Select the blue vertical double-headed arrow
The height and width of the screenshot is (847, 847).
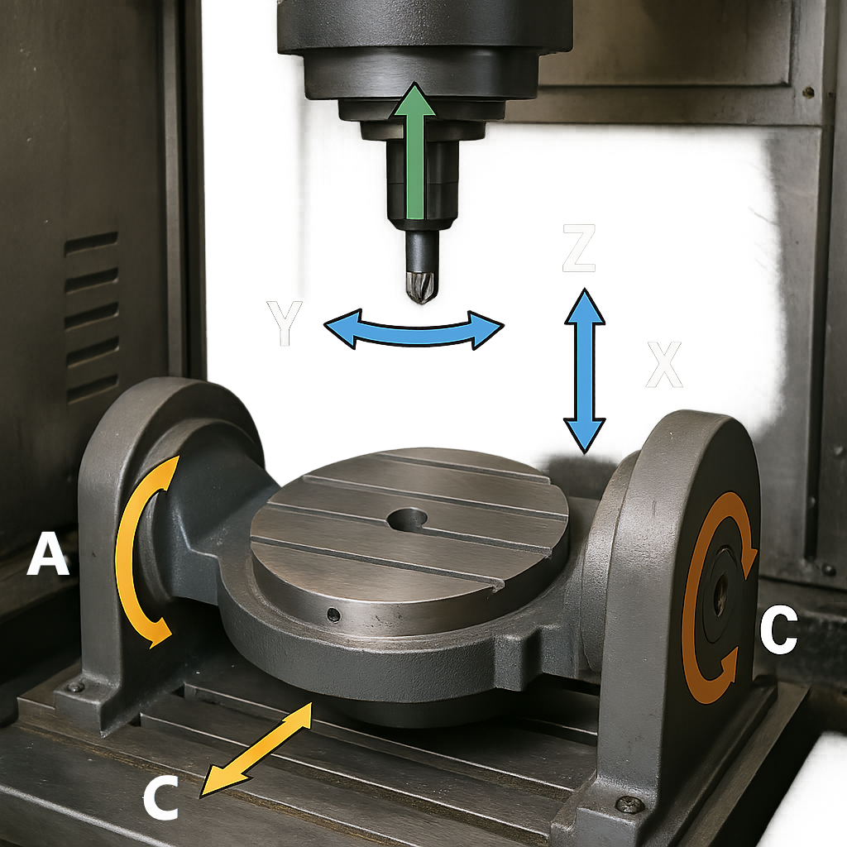coord(585,371)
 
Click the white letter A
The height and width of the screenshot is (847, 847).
coord(48,553)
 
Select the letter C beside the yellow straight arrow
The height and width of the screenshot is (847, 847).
coord(160,798)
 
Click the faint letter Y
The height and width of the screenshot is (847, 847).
coord(285,323)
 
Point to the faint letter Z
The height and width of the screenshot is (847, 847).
coord(578,248)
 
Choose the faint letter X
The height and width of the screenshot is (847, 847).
coord(664,365)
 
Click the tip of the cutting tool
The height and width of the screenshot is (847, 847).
coord(421,301)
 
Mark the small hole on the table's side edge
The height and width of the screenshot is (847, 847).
coord(334,615)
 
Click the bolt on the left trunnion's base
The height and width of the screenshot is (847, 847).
coord(75,687)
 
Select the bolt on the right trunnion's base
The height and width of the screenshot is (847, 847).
coord(629,805)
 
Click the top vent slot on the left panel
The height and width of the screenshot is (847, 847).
coord(91,244)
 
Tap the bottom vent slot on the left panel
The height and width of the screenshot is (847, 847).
coord(93,389)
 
